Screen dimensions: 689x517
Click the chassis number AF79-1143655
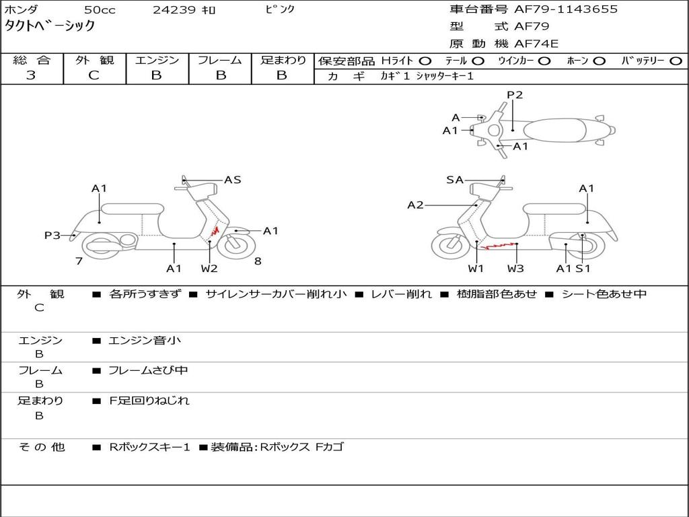[x=566, y=9]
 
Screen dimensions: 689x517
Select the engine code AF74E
[x=536, y=44]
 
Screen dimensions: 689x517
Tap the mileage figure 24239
[x=174, y=9]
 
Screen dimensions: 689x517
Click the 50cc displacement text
[x=100, y=9]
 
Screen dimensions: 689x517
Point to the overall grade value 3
[x=31, y=75]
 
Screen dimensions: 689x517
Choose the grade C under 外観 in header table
[x=94, y=75]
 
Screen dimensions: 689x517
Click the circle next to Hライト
[x=425, y=61]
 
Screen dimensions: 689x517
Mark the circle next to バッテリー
[x=676, y=61]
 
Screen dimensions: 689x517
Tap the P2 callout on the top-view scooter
[x=515, y=95]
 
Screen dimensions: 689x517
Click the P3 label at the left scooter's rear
[x=52, y=236]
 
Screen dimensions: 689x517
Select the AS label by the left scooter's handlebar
[x=232, y=180]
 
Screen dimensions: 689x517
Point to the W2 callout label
[x=209, y=269]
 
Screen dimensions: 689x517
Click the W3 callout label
[x=515, y=269]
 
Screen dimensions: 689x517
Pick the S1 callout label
[x=583, y=269]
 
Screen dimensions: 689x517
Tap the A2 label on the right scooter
[x=415, y=205]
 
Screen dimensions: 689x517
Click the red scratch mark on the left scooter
[x=215, y=231]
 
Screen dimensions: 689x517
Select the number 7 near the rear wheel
[x=79, y=261]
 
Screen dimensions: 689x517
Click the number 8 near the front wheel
[x=258, y=261]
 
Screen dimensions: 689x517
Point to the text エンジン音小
[x=145, y=340]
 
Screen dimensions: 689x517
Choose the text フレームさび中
[x=148, y=371]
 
